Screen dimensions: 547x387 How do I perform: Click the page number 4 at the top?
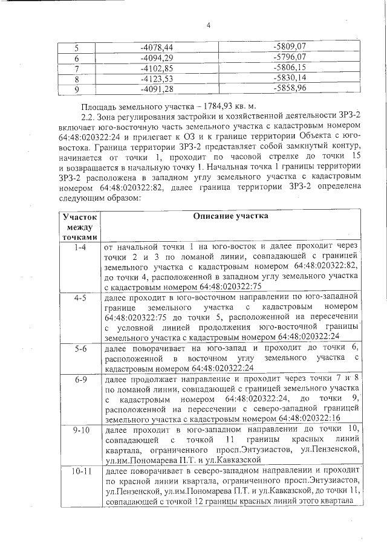click(208, 25)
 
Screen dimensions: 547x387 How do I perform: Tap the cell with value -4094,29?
click(156, 57)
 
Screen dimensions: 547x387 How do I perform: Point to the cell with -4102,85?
click(156, 68)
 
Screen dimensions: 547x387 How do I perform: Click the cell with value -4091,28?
click(156, 89)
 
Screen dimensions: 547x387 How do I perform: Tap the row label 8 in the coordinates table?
click(77, 79)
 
